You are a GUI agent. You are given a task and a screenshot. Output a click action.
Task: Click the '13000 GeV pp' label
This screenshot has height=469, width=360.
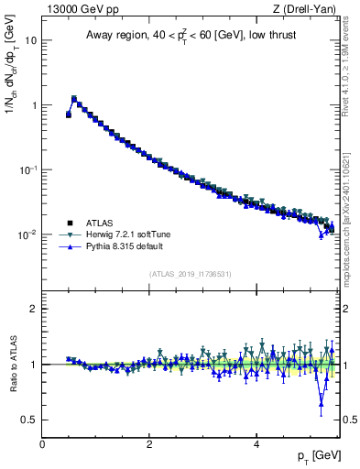[x=77, y=9]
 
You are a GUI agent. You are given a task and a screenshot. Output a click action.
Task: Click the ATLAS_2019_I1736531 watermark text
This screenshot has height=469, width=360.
[x=191, y=274]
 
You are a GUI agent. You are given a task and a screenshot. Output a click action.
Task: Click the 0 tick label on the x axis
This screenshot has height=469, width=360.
[x=42, y=443]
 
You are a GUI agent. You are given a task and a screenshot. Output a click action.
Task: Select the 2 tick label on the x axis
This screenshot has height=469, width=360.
[x=149, y=443]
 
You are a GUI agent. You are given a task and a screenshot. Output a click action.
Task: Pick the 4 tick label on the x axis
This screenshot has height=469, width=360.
[x=256, y=443]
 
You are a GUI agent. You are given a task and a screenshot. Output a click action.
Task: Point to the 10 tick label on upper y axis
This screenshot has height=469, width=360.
[x=29, y=40]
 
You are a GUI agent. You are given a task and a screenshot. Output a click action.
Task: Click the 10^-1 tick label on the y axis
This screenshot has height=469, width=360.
[x=27, y=169]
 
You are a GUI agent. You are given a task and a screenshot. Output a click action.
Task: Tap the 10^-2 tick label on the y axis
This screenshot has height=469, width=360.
[x=27, y=234]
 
